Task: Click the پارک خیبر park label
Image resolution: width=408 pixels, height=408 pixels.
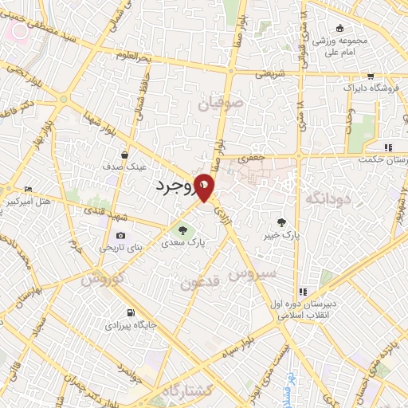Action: (281, 236)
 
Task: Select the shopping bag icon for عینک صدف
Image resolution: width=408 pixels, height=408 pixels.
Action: (125, 155)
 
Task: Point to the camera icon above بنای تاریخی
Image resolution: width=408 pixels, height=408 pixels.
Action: (121, 235)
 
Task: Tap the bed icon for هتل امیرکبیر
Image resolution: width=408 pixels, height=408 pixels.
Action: (29, 189)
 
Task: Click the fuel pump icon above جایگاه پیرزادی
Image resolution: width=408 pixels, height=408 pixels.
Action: (130, 312)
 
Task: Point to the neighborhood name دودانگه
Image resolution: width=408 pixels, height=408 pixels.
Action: (325, 196)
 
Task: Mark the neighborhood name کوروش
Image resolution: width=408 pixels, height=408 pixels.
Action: (100, 279)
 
